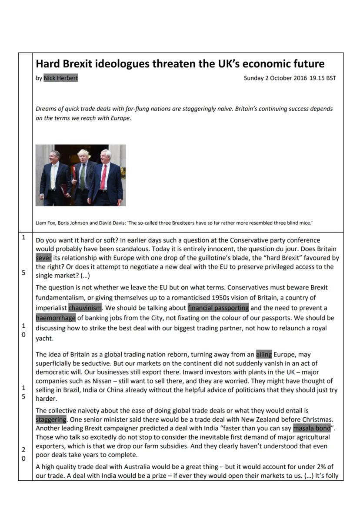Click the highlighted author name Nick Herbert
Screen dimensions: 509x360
[61, 78]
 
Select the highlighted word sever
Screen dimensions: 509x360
[43, 258]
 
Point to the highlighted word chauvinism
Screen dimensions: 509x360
[85, 308]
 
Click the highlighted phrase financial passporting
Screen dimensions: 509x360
[218, 308]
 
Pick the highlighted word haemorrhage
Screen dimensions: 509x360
[56, 318]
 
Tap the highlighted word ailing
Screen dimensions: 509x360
[264, 354]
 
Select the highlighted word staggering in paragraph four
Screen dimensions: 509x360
[51, 419]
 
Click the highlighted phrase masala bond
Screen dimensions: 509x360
[312, 428]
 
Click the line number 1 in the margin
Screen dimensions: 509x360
[23, 237]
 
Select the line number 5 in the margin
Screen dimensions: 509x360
[23, 273]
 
